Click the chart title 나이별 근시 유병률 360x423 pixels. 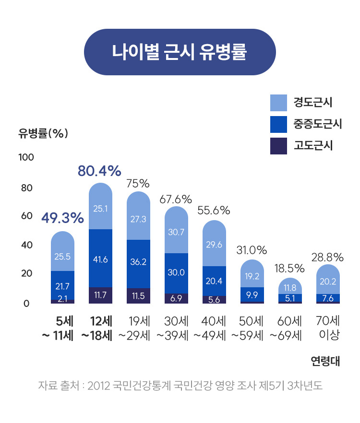click(180, 52)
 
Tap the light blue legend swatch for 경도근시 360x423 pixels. click(278, 102)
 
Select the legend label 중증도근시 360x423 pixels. click(317, 124)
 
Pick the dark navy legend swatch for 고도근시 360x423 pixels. click(278, 146)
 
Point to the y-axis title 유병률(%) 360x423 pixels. click(43, 134)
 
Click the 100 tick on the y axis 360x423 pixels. click(26, 157)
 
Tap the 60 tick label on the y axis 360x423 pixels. click(26, 216)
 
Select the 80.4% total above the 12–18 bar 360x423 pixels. click(99, 171)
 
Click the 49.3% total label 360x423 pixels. click(62, 219)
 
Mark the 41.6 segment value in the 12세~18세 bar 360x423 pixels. click(100, 259)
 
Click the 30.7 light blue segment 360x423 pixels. click(176, 232)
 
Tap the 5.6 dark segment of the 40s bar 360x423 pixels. click(214, 300)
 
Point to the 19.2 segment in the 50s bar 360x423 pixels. click(252, 276)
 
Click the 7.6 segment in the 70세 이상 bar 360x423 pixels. click(328, 298)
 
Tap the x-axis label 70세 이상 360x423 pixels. click(328, 328)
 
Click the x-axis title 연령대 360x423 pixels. click(325, 361)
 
